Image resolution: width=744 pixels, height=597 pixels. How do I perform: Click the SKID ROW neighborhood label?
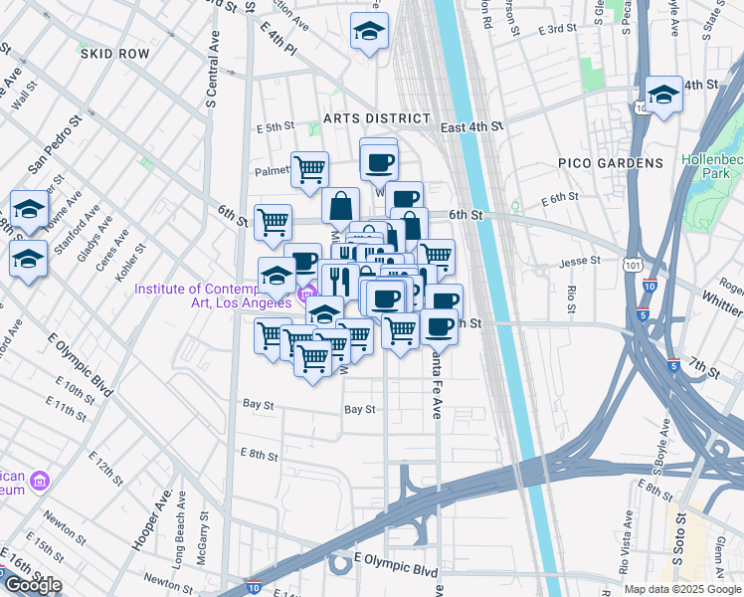coord(117,54)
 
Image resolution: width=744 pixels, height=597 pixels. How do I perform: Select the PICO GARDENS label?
coord(610,162)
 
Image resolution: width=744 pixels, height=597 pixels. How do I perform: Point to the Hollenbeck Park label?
coord(710,166)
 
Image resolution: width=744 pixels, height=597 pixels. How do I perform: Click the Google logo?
coord(33,585)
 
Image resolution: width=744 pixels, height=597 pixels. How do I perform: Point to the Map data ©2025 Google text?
coord(682,589)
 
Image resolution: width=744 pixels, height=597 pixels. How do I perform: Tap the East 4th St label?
coord(472,127)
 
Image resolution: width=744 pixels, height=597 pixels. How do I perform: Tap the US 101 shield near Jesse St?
coord(633,265)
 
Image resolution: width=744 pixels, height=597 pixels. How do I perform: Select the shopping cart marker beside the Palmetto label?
coord(309,169)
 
